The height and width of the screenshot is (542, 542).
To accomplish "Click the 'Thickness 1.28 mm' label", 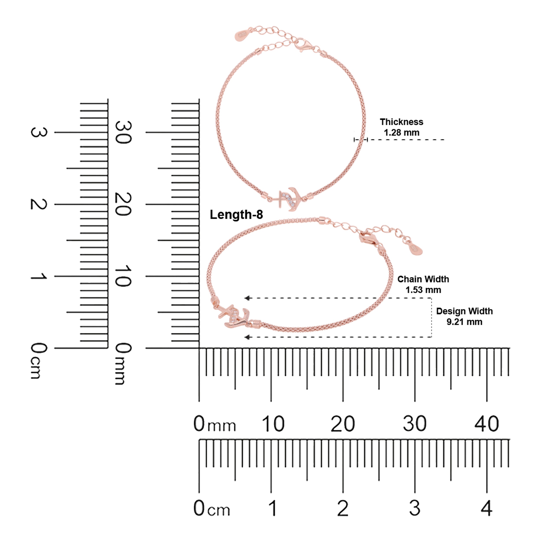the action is coord(402,127).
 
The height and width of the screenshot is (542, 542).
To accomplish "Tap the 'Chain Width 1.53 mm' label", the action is coord(423,284).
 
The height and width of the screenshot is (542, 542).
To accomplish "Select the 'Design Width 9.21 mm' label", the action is coord(464,316).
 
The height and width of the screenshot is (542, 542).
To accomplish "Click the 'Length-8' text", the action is coord(236,215).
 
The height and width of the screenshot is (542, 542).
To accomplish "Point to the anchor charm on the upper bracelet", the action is coord(287,198).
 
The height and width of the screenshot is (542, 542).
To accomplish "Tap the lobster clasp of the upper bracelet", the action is coord(304,45).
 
